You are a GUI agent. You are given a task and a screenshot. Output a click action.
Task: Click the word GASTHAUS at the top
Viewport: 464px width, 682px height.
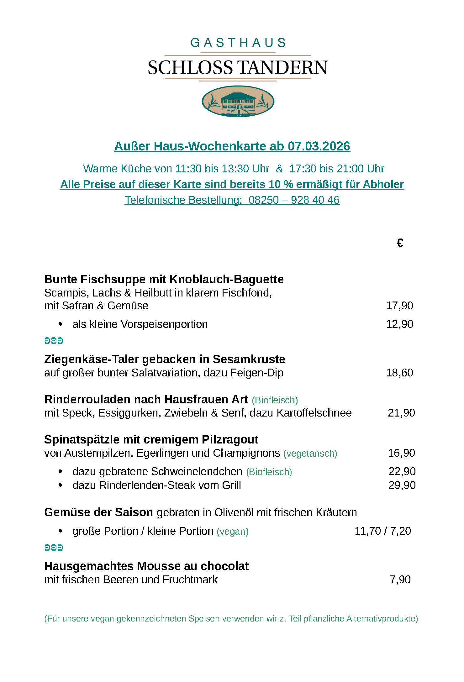point(238,43)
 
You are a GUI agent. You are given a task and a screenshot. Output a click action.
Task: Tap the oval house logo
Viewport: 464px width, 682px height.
point(238,101)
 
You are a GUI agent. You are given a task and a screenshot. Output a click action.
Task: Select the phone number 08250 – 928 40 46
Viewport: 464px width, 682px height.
point(294,200)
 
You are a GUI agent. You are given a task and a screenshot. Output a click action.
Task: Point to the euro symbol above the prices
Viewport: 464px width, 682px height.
point(400,243)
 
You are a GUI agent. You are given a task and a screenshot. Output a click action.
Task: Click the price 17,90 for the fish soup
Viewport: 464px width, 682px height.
point(399,306)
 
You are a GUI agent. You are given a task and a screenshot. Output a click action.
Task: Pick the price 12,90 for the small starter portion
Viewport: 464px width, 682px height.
point(399,324)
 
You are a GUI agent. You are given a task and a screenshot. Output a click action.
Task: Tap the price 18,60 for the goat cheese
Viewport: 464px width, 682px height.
point(399,373)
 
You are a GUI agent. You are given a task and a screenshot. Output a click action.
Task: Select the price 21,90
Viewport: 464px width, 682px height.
point(401,413)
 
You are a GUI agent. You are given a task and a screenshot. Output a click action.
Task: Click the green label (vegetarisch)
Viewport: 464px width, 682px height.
point(310,454)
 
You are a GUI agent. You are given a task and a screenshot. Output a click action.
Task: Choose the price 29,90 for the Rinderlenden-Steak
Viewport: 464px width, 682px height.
point(402,485)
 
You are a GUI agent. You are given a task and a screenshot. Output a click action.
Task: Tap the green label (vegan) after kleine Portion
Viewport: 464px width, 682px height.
point(232,532)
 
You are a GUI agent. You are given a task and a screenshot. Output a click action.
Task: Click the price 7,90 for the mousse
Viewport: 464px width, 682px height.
point(400,580)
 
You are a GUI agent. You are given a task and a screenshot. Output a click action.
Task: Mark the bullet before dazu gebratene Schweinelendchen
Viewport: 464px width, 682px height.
point(61,471)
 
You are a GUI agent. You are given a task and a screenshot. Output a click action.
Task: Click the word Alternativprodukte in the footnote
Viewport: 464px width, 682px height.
point(382,619)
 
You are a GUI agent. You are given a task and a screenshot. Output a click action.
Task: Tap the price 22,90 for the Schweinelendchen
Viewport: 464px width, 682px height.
point(402,471)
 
